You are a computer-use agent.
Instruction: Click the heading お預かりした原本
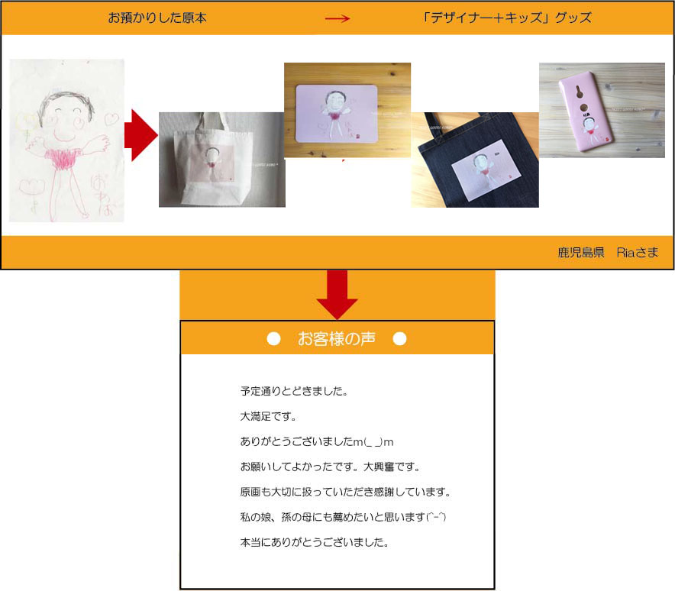coord(157,18)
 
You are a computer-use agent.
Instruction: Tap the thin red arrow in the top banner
coord(337,18)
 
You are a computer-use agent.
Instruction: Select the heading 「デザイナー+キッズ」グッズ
coord(507,18)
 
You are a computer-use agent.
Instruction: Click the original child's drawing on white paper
coord(66,140)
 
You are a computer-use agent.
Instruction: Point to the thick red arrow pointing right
coord(140,135)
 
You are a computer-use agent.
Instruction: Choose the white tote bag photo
coord(221,160)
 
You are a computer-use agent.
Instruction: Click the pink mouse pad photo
coord(347,110)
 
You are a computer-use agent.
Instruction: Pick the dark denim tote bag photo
coord(475,160)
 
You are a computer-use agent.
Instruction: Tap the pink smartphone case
coord(589,115)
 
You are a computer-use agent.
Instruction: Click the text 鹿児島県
coord(581,252)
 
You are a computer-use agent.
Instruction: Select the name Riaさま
coord(637,252)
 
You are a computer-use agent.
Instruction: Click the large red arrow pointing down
coord(337,295)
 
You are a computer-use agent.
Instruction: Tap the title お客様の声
coord(337,339)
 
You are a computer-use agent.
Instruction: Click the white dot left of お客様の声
coord(274,339)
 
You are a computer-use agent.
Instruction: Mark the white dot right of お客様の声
coord(399,339)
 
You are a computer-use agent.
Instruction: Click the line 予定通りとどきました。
coord(294,391)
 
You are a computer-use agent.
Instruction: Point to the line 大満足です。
coord(268,416)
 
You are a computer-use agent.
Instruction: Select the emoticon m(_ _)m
coord(373,441)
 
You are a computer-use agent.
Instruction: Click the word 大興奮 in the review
coord(379,467)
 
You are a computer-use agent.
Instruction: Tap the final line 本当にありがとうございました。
coord(315,542)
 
